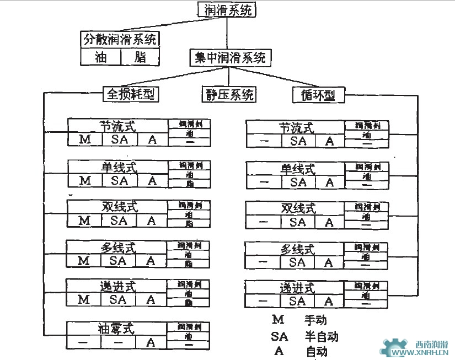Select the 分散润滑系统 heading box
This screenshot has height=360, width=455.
[120, 40]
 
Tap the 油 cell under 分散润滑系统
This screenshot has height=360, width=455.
[100, 57]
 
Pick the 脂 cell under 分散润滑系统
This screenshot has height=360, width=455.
[140, 57]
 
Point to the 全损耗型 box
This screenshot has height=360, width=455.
[131, 94]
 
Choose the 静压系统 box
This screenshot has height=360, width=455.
[228, 94]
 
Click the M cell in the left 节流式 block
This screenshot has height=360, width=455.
[85, 139]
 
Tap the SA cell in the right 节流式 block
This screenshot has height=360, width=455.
[298, 141]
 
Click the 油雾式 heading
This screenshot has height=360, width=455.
[116, 329]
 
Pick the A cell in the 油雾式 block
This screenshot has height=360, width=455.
[151, 342]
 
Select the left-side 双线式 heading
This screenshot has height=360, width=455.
[117, 207]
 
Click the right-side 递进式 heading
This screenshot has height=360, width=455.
[297, 288]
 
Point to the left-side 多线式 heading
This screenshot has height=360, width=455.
[117, 248]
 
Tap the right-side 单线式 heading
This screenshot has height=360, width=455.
[297, 168]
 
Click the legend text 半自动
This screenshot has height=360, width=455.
[322, 336]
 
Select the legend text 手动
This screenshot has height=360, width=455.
[316, 320]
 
